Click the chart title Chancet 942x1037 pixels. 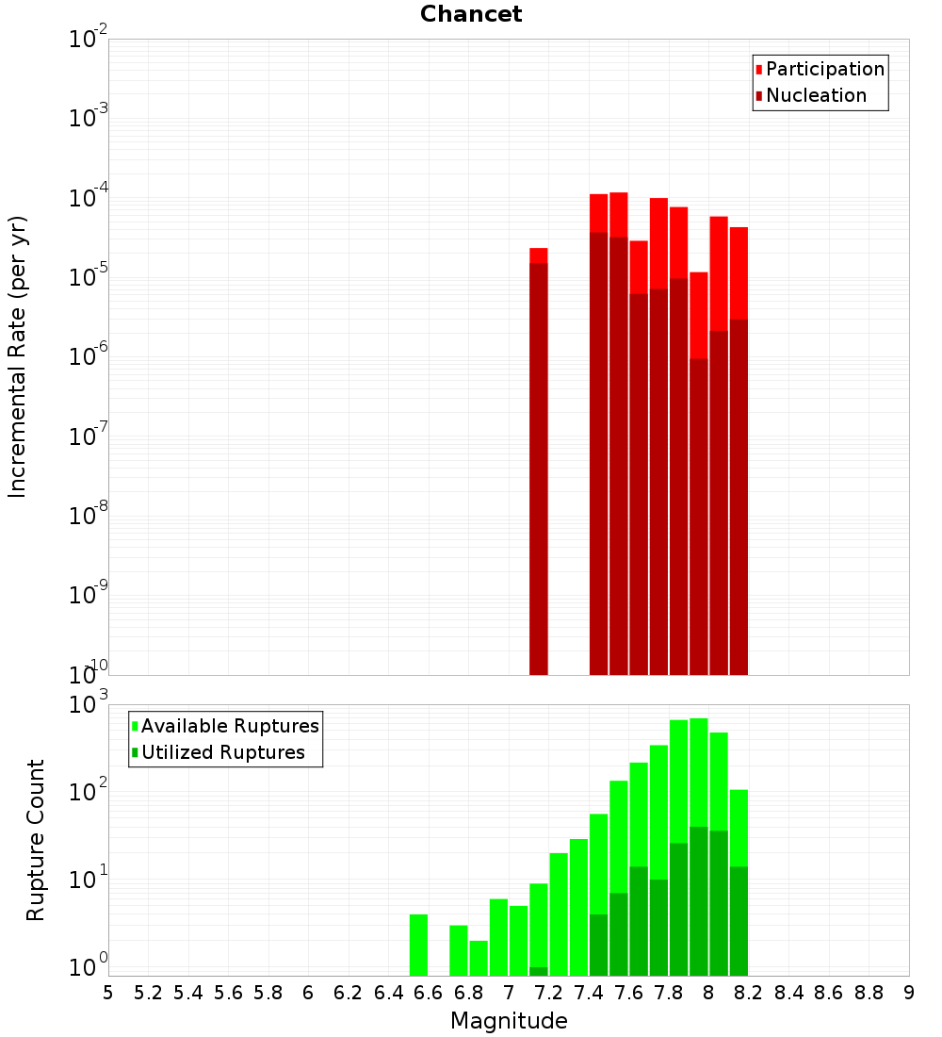click(x=471, y=14)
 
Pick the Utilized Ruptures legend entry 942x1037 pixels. click(x=222, y=752)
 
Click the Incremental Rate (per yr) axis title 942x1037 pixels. click(x=18, y=357)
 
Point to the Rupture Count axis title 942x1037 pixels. click(x=36, y=840)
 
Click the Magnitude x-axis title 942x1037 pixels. click(x=509, y=1021)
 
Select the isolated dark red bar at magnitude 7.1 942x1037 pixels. click(x=539, y=471)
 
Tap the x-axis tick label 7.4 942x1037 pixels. click(x=589, y=993)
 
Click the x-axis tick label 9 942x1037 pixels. click(x=909, y=993)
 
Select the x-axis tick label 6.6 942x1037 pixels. click(x=429, y=993)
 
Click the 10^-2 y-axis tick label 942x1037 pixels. click(x=89, y=40)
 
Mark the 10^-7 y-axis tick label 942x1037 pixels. click(x=89, y=436)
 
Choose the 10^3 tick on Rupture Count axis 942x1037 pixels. click(x=89, y=704)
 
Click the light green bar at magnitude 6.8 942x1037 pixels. click(x=479, y=958)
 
